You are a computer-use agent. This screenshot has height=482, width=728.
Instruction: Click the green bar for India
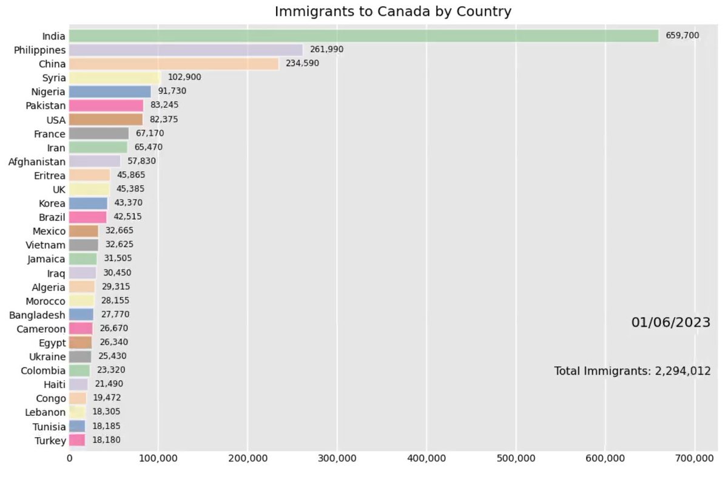pyautogui.click(x=364, y=36)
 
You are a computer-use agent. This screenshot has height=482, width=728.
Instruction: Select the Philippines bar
pyautogui.click(x=186, y=50)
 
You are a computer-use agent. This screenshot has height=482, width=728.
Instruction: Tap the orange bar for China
pyautogui.click(x=174, y=64)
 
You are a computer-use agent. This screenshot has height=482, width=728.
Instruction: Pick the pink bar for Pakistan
pyautogui.click(x=106, y=106)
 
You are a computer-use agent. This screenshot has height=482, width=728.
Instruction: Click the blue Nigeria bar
pyautogui.click(x=110, y=92)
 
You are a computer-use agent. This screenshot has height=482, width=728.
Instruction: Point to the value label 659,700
pyautogui.click(x=682, y=36)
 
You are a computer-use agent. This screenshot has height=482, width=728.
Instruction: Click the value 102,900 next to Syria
pyautogui.click(x=184, y=78)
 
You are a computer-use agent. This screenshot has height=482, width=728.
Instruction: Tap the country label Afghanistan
pyautogui.click(x=36, y=161)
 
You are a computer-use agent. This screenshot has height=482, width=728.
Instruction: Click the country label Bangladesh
pyautogui.click(x=37, y=314)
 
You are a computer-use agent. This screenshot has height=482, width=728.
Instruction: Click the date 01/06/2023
pyautogui.click(x=670, y=322)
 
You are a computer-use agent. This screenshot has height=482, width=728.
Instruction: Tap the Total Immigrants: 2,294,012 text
pyautogui.click(x=632, y=371)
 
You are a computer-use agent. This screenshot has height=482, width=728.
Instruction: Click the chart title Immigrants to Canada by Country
pyautogui.click(x=393, y=12)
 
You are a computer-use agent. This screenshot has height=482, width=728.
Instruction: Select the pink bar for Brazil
pyautogui.click(x=87, y=217)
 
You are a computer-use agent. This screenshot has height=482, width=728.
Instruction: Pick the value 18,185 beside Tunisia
pyautogui.click(x=106, y=426)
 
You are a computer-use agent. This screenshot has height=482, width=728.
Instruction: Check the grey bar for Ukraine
pyautogui.click(x=80, y=356)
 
